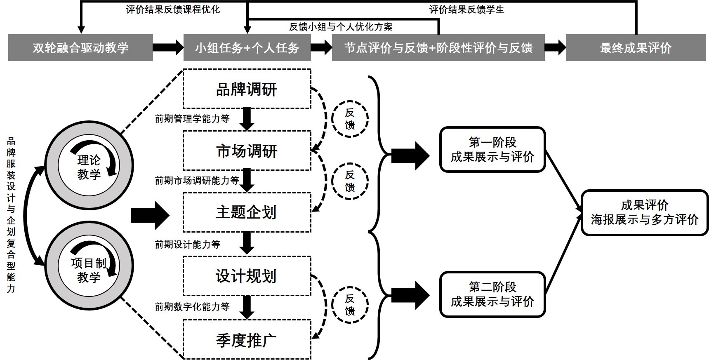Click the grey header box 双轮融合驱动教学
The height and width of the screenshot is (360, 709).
pyautogui.click(x=80, y=48)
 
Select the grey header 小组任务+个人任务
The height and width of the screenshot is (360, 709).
pyautogui.click(x=247, y=48)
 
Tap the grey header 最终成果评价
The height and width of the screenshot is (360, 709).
pyautogui.click(x=636, y=48)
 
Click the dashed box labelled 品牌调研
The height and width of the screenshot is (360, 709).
pyautogui.click(x=247, y=89)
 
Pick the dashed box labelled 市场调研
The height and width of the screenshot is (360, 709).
pyautogui.click(x=247, y=151)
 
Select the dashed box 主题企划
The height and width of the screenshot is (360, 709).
pyautogui.click(x=247, y=212)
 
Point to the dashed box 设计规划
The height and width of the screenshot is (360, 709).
pyautogui.click(x=247, y=276)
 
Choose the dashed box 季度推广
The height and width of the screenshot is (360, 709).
pyautogui.click(x=247, y=341)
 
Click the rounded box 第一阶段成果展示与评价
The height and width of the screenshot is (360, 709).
pyautogui.click(x=492, y=150)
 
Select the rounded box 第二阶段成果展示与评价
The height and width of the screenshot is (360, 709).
pyautogui.click(x=492, y=294)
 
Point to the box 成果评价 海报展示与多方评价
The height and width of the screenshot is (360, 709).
pyautogui.click(x=644, y=213)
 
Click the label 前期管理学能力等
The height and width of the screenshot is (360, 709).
pyautogui.click(x=192, y=119)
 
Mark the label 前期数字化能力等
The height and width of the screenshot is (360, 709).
pyautogui.click(x=192, y=307)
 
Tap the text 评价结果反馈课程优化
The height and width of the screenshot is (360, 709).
pyautogui.click(x=173, y=9)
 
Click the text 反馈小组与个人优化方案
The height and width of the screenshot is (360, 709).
pyautogui.click(x=341, y=27)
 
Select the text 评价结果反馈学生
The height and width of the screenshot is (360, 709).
pyautogui.click(x=466, y=9)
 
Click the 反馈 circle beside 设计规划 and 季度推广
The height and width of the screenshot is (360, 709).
pyautogui.click(x=350, y=305)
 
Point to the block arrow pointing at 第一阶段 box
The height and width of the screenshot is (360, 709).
pyautogui.click(x=410, y=156)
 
